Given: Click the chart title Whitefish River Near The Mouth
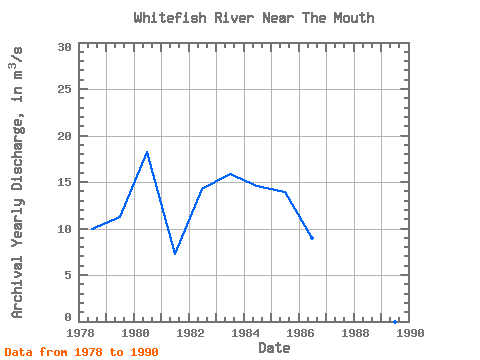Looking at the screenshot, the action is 254,18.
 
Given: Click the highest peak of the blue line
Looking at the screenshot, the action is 147,152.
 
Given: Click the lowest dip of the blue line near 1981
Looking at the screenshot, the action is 175,253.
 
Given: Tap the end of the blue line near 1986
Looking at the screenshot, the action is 312,238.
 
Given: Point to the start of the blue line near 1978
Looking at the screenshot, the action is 92,229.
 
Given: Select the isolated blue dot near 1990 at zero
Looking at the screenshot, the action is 395,322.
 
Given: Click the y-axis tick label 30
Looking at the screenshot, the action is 65,47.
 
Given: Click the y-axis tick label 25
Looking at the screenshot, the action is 65,89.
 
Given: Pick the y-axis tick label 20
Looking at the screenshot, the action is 65,136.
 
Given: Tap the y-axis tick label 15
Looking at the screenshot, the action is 65,182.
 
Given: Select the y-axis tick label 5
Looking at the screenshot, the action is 68,275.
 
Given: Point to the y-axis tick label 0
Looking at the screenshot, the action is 68,317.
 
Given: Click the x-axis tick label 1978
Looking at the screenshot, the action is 81,333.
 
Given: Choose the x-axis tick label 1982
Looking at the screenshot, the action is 190,333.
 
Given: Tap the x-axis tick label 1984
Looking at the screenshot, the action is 245,333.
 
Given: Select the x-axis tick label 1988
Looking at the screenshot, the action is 355,333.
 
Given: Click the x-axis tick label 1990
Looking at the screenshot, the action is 410,333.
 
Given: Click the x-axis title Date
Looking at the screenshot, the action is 274,348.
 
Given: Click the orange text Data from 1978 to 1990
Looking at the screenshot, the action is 82,352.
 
